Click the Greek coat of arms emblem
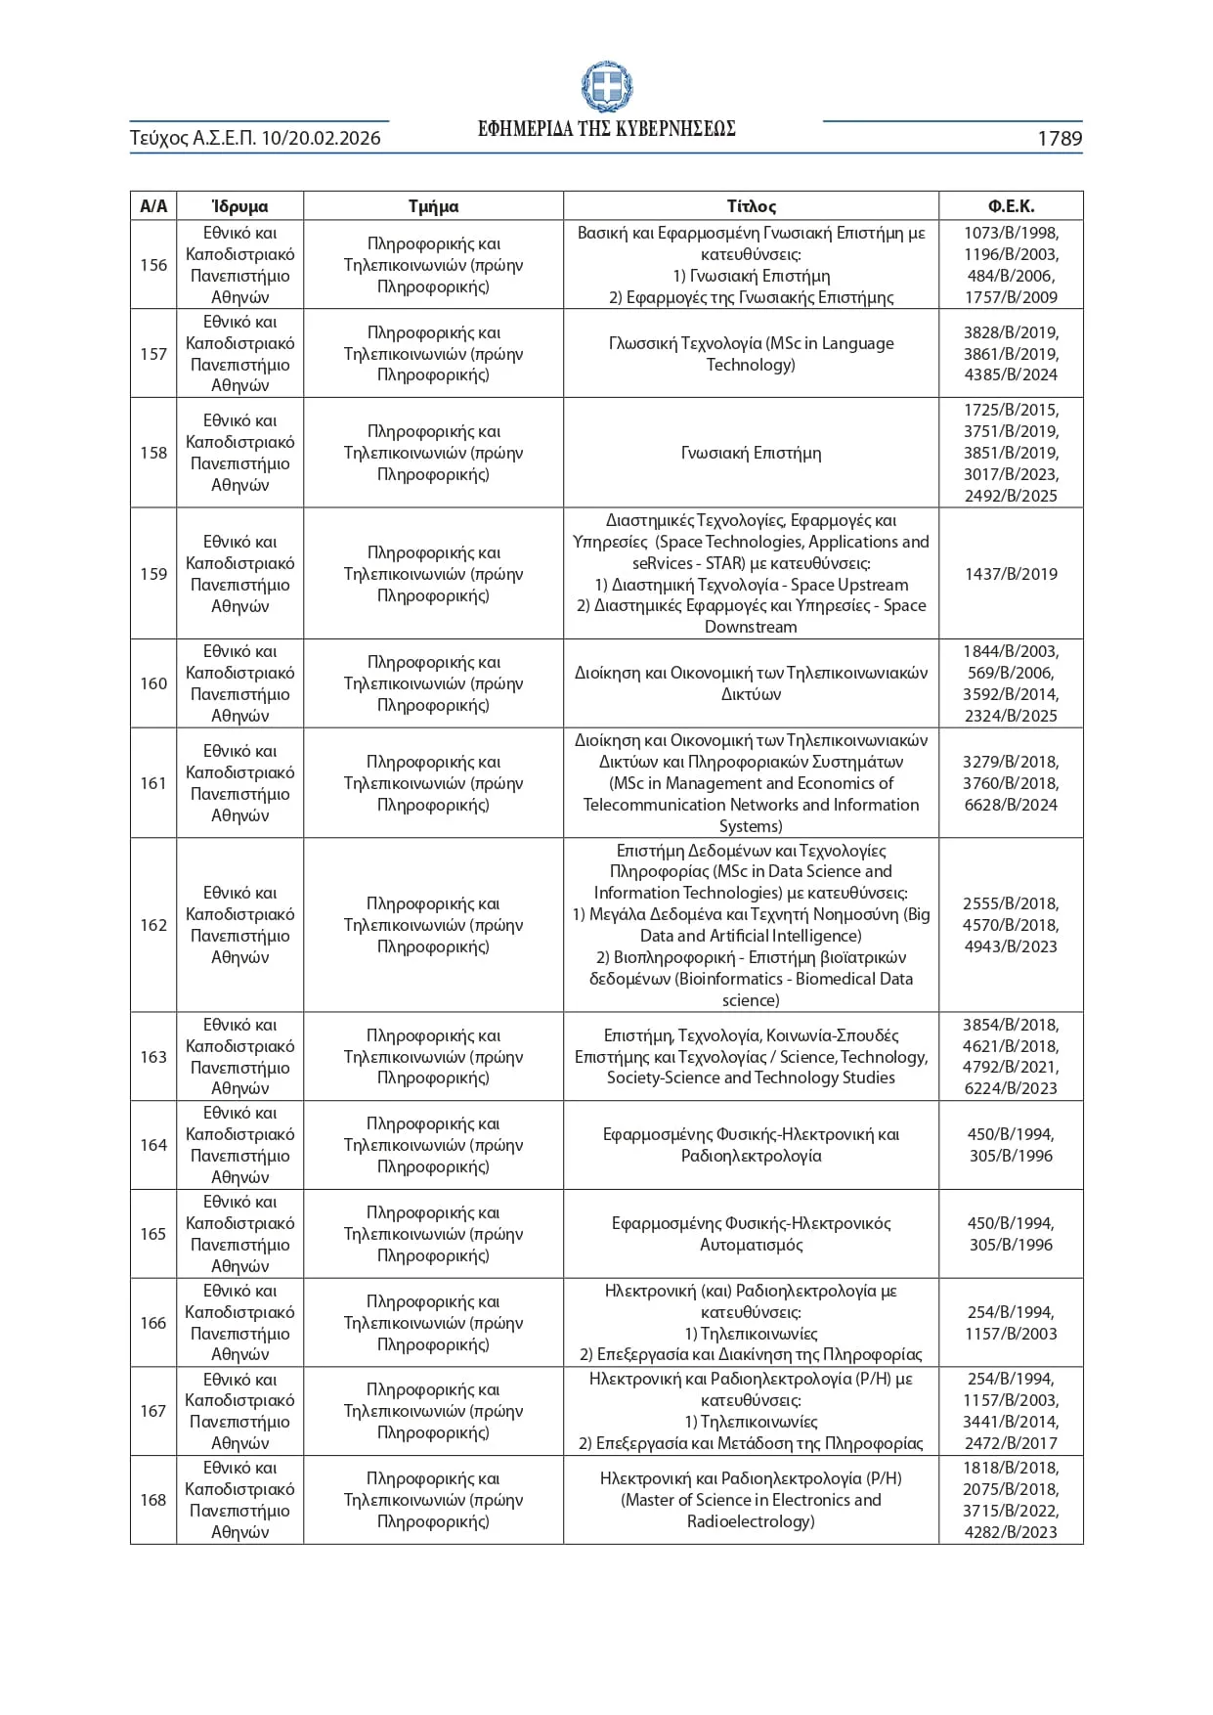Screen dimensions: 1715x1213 coord(606,87)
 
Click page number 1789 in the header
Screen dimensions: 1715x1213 coord(1059,139)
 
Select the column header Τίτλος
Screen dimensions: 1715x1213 coord(751,206)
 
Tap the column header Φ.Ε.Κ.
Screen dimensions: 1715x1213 coord(1011,206)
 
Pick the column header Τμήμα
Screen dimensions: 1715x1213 coord(433,206)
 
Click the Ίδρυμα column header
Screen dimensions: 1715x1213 coord(239,206)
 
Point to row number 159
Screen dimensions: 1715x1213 coord(153,574)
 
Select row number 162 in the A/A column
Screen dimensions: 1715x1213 coord(153,925)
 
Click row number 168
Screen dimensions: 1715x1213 coord(153,1500)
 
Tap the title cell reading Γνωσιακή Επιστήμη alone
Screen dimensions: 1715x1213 coord(751,453)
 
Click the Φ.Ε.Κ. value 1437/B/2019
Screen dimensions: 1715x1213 coord(1011,574)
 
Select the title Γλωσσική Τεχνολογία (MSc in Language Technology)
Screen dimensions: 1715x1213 coord(751,354)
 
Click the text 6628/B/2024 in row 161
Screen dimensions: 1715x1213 coord(1011,805)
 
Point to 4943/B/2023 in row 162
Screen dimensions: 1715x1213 coord(1011,946)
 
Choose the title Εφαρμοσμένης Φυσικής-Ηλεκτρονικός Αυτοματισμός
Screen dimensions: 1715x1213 coord(751,1234)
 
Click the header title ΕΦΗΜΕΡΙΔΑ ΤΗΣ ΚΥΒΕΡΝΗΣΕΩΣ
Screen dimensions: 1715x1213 coord(606,129)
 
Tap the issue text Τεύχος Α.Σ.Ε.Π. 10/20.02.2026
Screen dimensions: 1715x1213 coord(255,139)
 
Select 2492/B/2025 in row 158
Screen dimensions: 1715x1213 coord(1011,496)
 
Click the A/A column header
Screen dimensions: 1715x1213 coord(153,206)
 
